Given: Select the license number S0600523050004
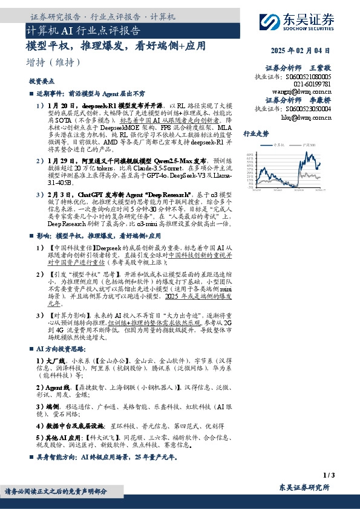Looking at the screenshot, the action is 309,109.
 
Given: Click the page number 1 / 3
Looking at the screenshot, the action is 329,475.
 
